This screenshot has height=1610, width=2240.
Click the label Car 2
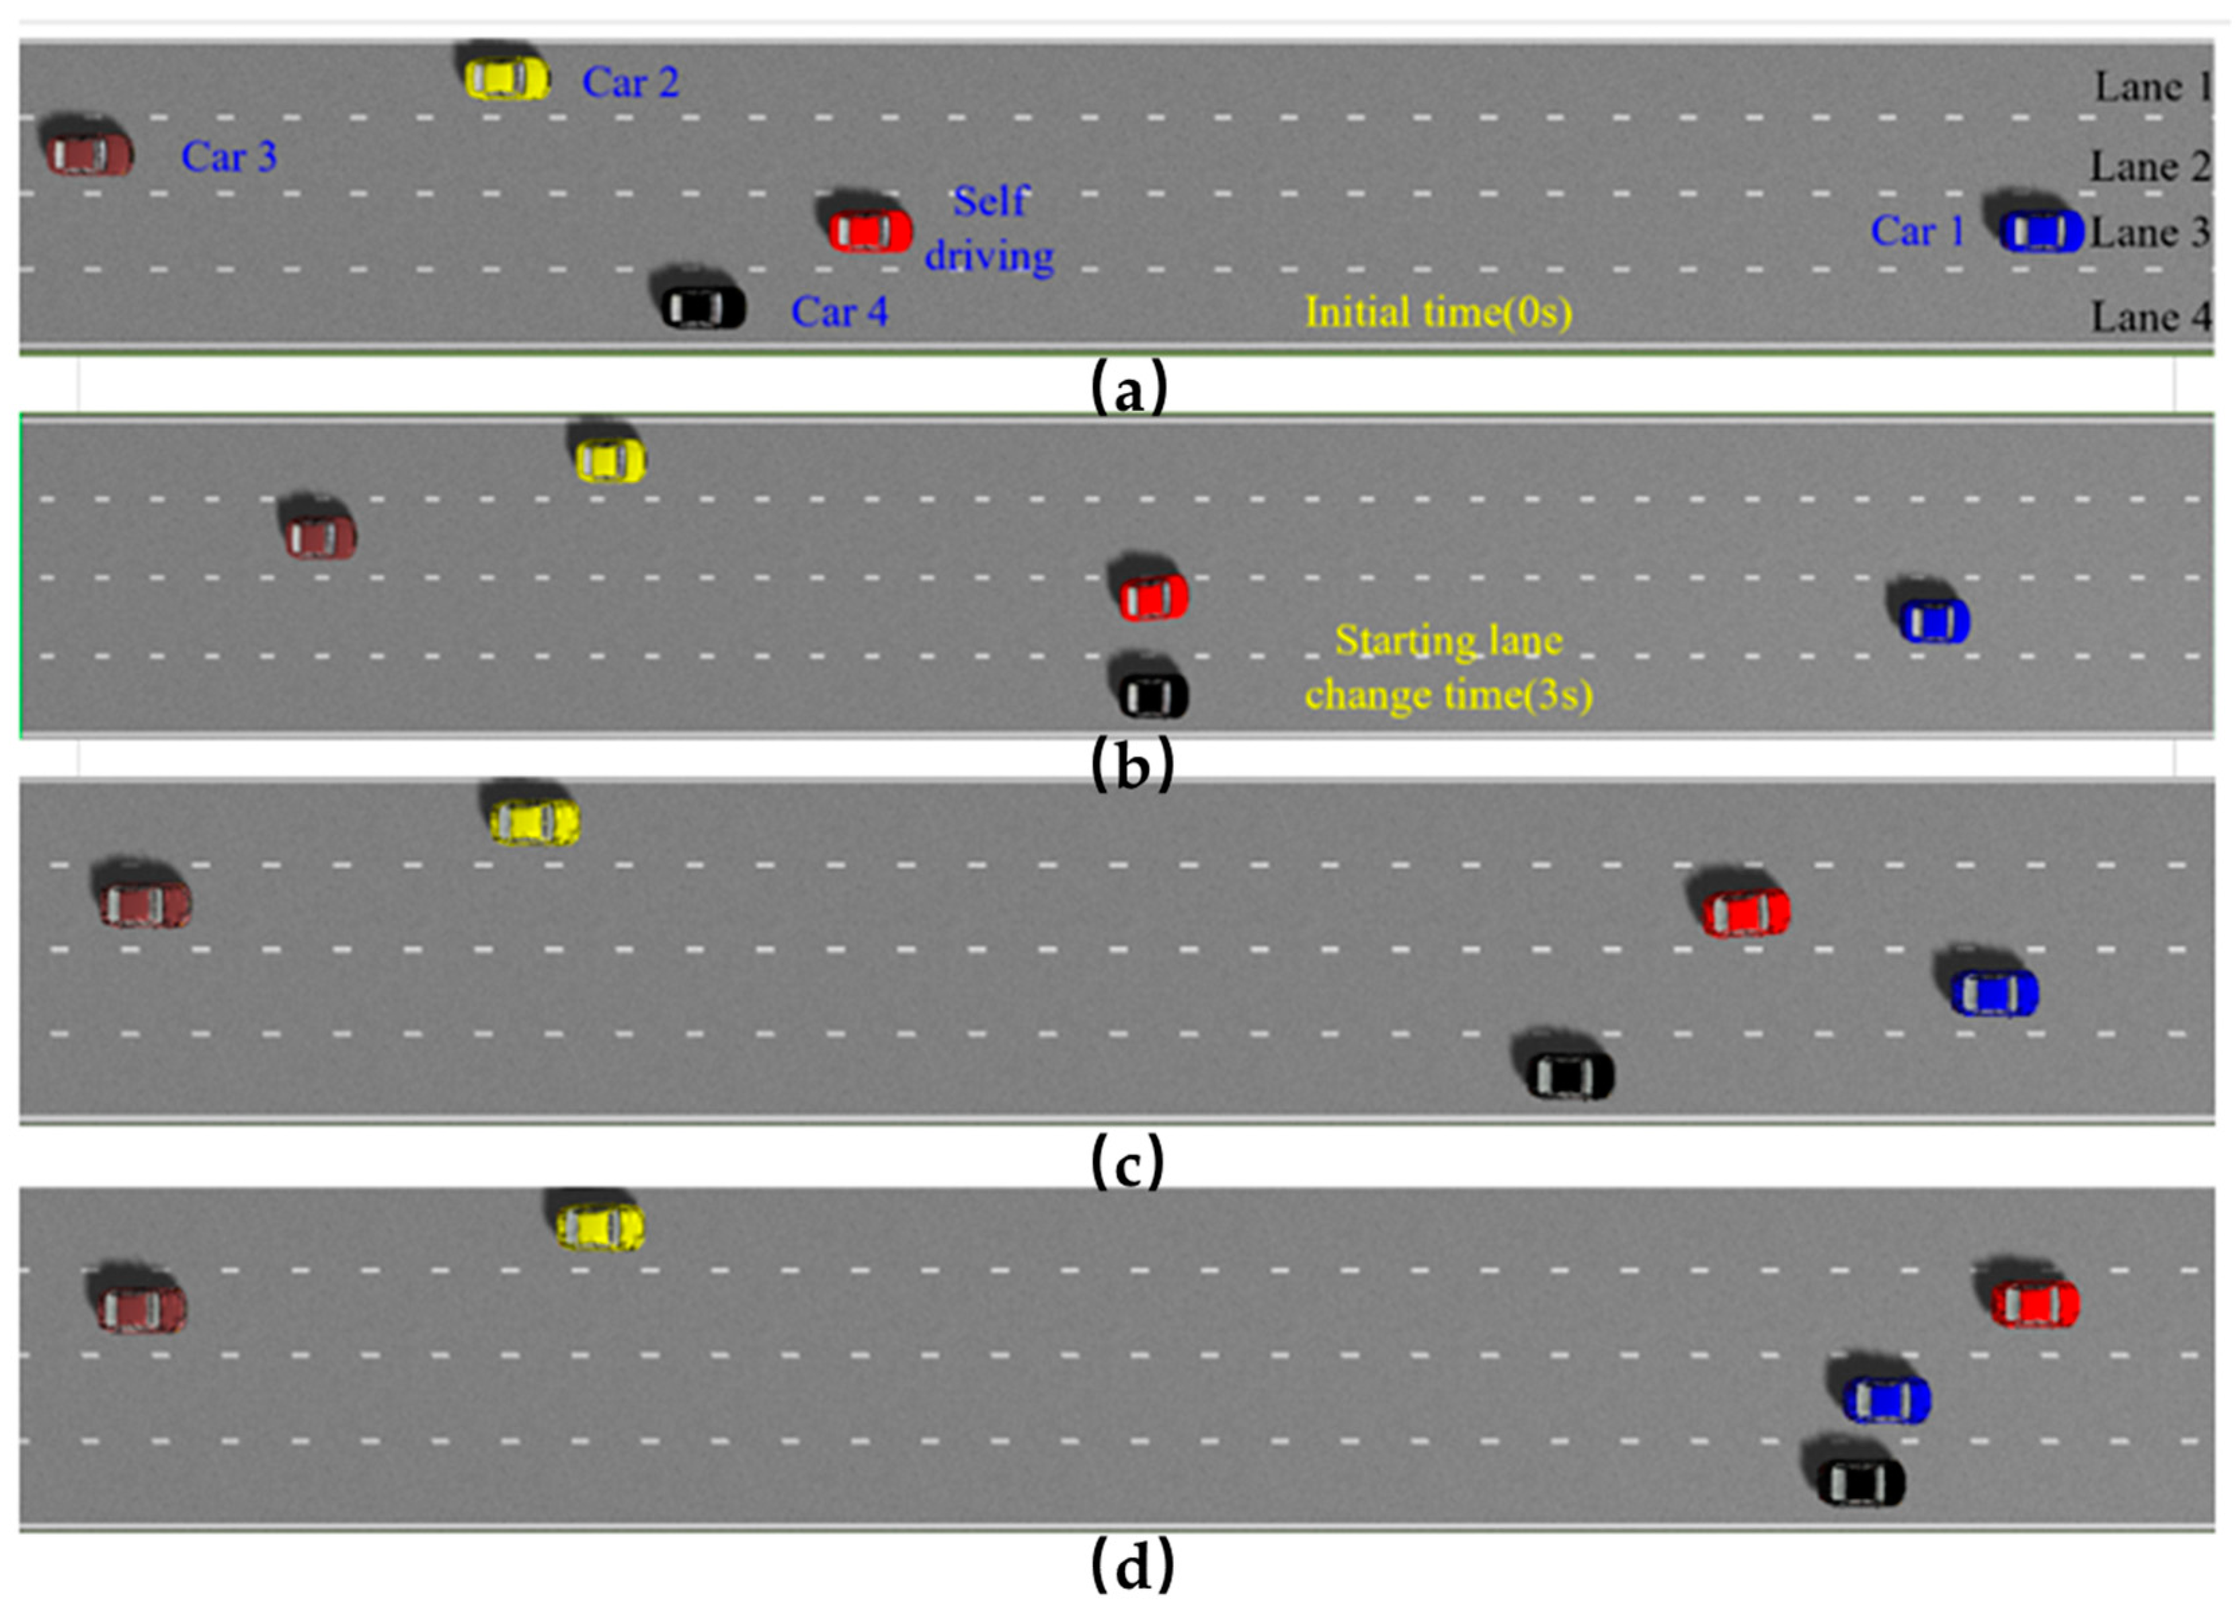630,83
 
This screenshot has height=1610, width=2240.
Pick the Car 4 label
840,312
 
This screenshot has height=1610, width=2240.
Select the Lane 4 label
2150,318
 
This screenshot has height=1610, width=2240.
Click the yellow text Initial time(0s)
1438,312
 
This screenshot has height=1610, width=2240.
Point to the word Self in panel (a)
991,202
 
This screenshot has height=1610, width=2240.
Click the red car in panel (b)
1152,596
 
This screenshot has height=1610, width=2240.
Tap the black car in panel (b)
1152,694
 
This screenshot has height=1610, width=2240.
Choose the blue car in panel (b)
1935,620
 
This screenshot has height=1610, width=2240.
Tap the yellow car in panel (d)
600,1225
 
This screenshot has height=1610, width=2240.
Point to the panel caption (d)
1132,1566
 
